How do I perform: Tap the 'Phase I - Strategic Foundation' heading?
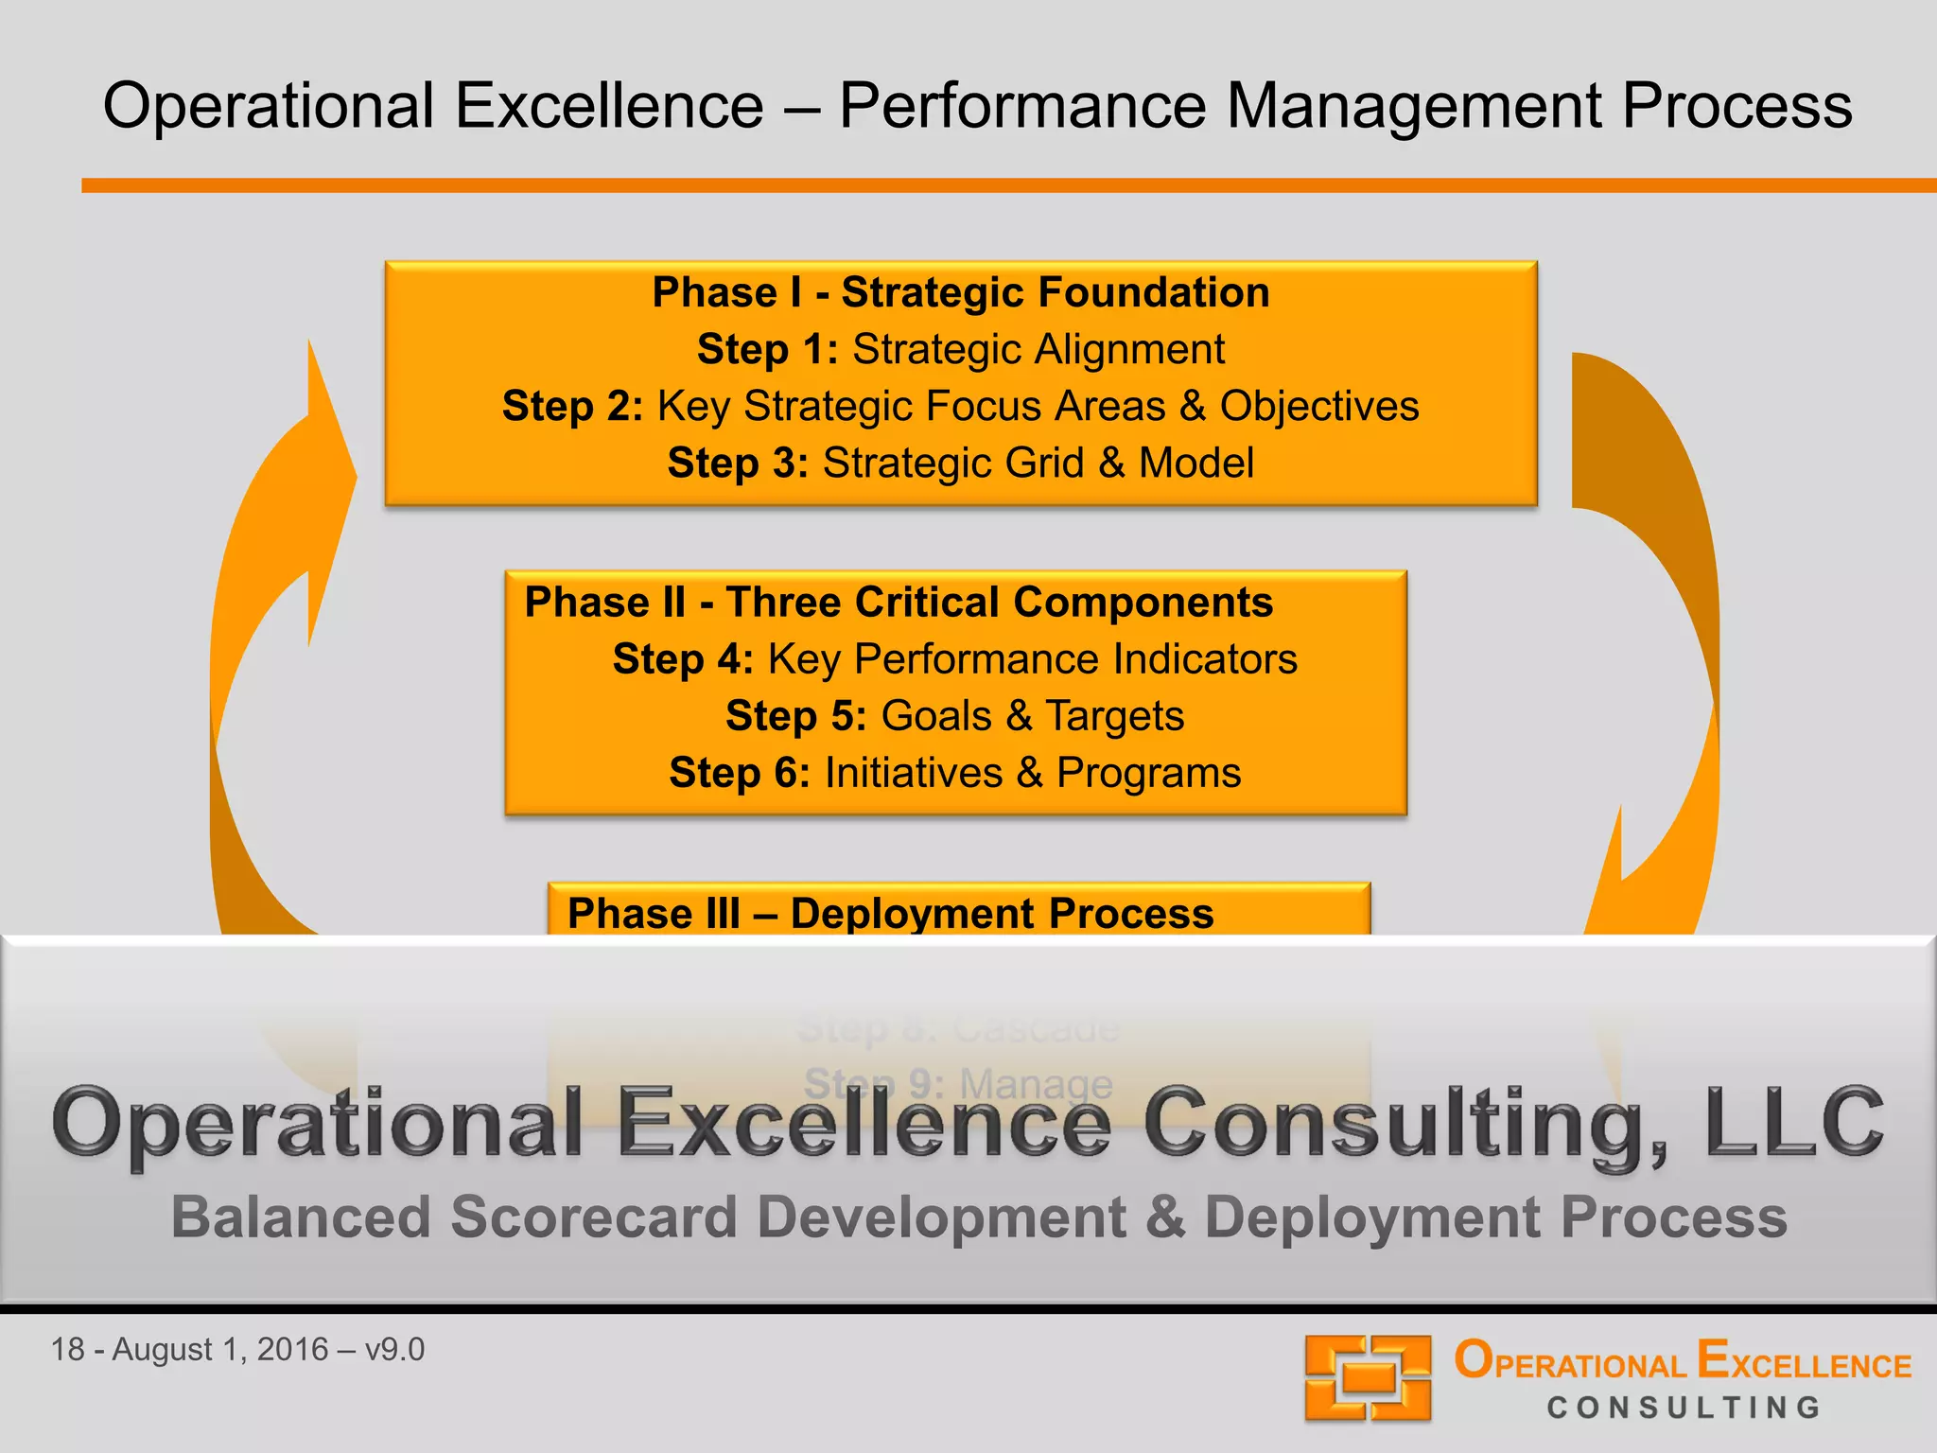[x=960, y=292]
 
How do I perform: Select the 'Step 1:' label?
[x=767, y=349]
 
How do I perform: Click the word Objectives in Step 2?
[x=1318, y=406]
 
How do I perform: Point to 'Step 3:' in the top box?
[x=738, y=463]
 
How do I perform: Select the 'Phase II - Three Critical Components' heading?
[x=899, y=603]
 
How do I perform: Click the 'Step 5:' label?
[x=795, y=716]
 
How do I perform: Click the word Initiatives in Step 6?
[x=913, y=773]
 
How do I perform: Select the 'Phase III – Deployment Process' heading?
[x=890, y=913]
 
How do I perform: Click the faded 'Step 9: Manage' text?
[x=957, y=1083]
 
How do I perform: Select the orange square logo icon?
[x=1368, y=1377]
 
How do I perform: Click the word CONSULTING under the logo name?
[x=1684, y=1408]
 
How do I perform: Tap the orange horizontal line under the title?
[x=1008, y=185]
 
